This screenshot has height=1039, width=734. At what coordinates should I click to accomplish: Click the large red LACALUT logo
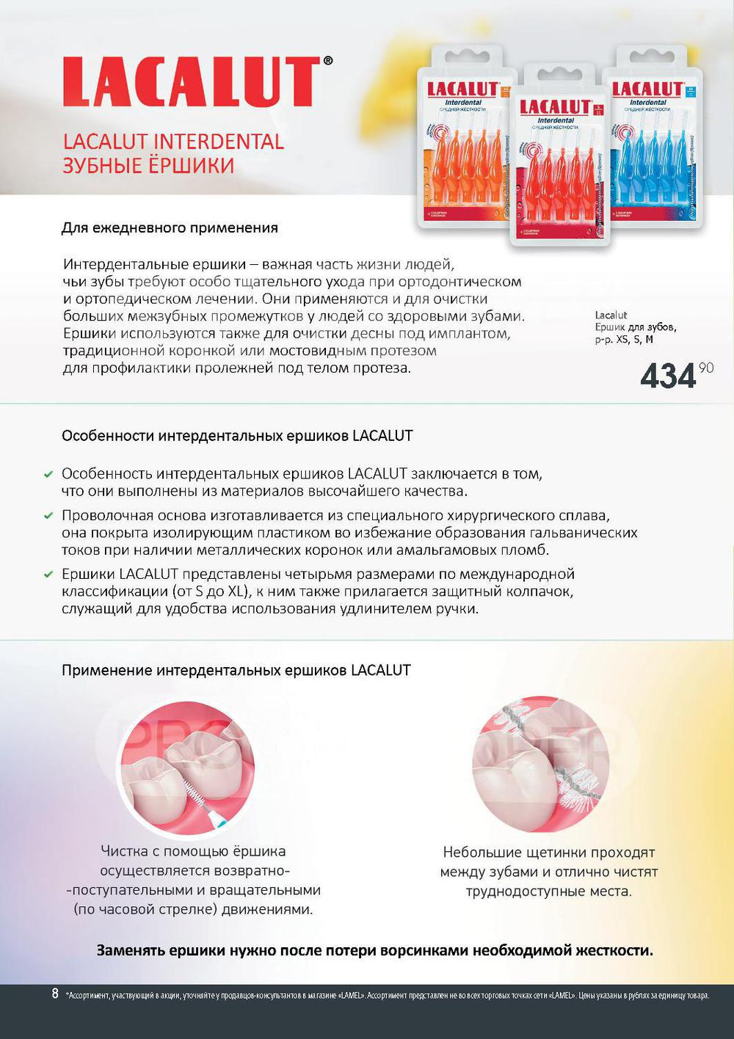point(191,82)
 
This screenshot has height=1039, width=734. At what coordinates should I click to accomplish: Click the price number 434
point(667,376)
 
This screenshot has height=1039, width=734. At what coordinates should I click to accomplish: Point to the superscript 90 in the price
point(706,368)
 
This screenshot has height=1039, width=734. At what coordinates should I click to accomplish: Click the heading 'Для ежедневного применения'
point(170,228)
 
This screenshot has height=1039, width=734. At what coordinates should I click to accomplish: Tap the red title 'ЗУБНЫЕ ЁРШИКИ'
point(148,166)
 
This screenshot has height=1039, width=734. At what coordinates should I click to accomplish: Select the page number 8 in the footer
point(55,994)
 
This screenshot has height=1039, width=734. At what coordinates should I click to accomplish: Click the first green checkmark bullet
point(48,475)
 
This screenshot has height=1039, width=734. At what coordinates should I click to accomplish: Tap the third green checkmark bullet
point(48,575)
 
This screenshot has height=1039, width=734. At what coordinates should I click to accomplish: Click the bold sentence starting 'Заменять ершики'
point(374,951)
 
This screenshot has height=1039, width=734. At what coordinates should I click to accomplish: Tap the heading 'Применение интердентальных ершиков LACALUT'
point(236,670)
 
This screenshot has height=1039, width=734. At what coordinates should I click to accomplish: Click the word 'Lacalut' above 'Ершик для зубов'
point(611,315)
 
